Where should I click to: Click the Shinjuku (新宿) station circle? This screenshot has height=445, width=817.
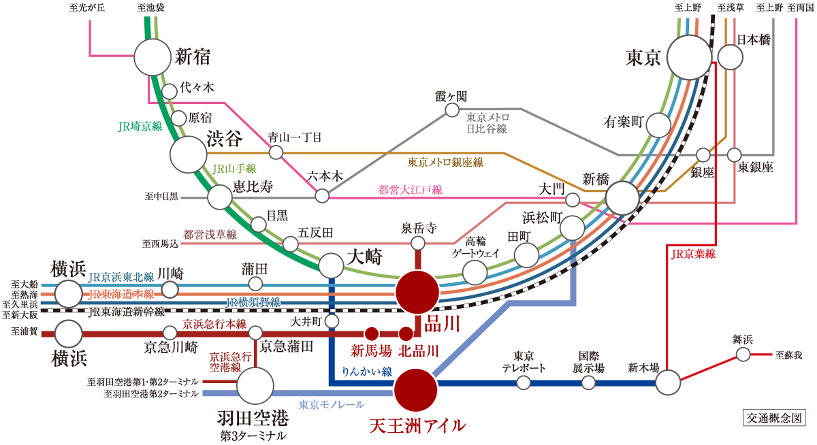point(153,57)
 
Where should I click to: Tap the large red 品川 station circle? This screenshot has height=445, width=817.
point(417,292)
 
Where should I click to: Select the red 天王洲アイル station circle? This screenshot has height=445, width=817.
point(415,390)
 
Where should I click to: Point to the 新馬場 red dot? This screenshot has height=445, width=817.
point(372,333)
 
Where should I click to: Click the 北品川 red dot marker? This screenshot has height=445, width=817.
point(406,333)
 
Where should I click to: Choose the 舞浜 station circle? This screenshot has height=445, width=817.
point(743,355)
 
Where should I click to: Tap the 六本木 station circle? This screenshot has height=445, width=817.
point(322,196)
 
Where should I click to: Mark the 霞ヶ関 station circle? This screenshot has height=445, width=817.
point(452,110)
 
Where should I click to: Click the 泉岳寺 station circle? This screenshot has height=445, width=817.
point(418,243)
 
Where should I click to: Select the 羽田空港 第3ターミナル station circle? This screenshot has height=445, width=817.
point(255,386)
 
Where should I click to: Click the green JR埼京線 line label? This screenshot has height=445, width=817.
point(140,127)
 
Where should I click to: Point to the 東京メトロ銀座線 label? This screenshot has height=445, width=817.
point(445,163)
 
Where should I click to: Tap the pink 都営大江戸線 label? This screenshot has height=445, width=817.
point(410,190)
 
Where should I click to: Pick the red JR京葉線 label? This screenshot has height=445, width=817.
point(693,254)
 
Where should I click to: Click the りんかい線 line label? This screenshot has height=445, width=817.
point(366,372)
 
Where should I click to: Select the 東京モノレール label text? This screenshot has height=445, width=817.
point(331,405)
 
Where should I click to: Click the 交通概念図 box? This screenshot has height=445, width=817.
point(774,418)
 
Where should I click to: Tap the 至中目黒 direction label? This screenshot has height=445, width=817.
point(161,197)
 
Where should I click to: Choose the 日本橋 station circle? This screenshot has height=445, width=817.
point(730,57)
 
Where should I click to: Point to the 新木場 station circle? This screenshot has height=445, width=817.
point(667,382)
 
